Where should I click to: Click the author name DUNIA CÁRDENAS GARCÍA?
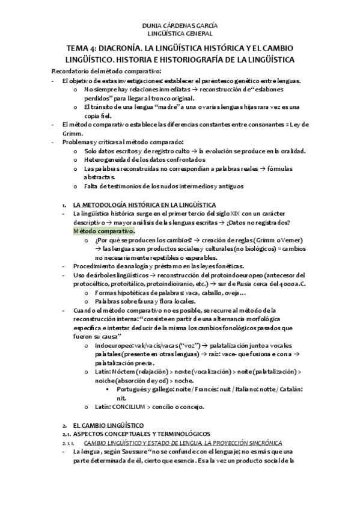179,26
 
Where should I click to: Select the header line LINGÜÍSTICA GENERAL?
179,34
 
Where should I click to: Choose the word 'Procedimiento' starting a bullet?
94,265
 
